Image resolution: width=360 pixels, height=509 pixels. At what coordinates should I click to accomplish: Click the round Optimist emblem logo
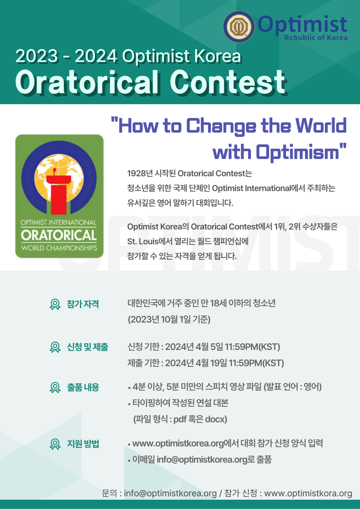[x=239, y=27]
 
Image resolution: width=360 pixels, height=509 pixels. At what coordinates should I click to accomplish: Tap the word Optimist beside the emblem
[x=302, y=25]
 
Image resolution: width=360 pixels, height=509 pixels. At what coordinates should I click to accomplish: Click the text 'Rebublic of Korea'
[x=316, y=38]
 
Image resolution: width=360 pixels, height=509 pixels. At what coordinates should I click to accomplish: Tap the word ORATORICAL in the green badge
[x=59, y=235]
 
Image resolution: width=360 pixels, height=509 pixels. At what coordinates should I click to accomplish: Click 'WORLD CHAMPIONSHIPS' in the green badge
[x=59, y=248]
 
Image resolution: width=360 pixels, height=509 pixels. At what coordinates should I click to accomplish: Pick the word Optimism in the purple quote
[x=297, y=152]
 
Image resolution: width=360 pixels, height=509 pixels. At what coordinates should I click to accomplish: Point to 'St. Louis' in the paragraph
[x=143, y=241]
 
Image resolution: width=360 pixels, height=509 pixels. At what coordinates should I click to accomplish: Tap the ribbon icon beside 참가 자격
[x=55, y=304]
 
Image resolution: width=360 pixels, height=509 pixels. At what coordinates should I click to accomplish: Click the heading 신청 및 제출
[x=88, y=347]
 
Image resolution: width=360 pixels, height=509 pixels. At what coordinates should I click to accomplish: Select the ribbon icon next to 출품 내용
[x=55, y=387]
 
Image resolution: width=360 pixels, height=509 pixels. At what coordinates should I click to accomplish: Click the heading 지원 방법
[x=83, y=444]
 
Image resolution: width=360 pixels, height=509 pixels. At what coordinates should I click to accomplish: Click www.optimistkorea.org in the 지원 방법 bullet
[x=178, y=444]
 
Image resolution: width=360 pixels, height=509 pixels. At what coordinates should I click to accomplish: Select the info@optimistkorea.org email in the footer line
[x=170, y=494]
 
